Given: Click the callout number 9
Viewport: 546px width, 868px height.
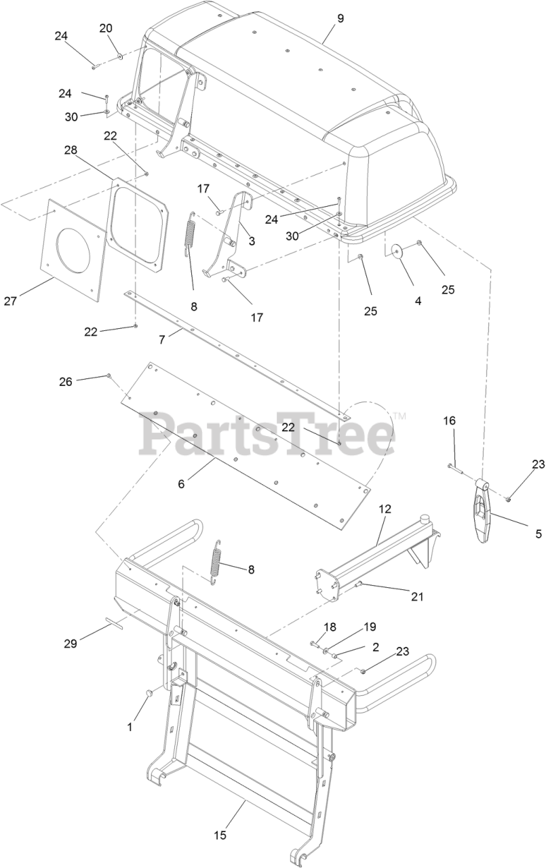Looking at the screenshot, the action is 340,18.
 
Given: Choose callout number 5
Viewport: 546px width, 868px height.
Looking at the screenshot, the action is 539,534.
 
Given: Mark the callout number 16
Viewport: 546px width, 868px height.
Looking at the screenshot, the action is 450,421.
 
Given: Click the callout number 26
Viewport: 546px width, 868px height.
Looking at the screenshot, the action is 66,382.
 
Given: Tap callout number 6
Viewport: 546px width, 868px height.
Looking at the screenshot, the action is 181,484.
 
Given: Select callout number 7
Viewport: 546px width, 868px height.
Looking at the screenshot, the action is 161,340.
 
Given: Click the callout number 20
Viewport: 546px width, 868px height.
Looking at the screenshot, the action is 106,28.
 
